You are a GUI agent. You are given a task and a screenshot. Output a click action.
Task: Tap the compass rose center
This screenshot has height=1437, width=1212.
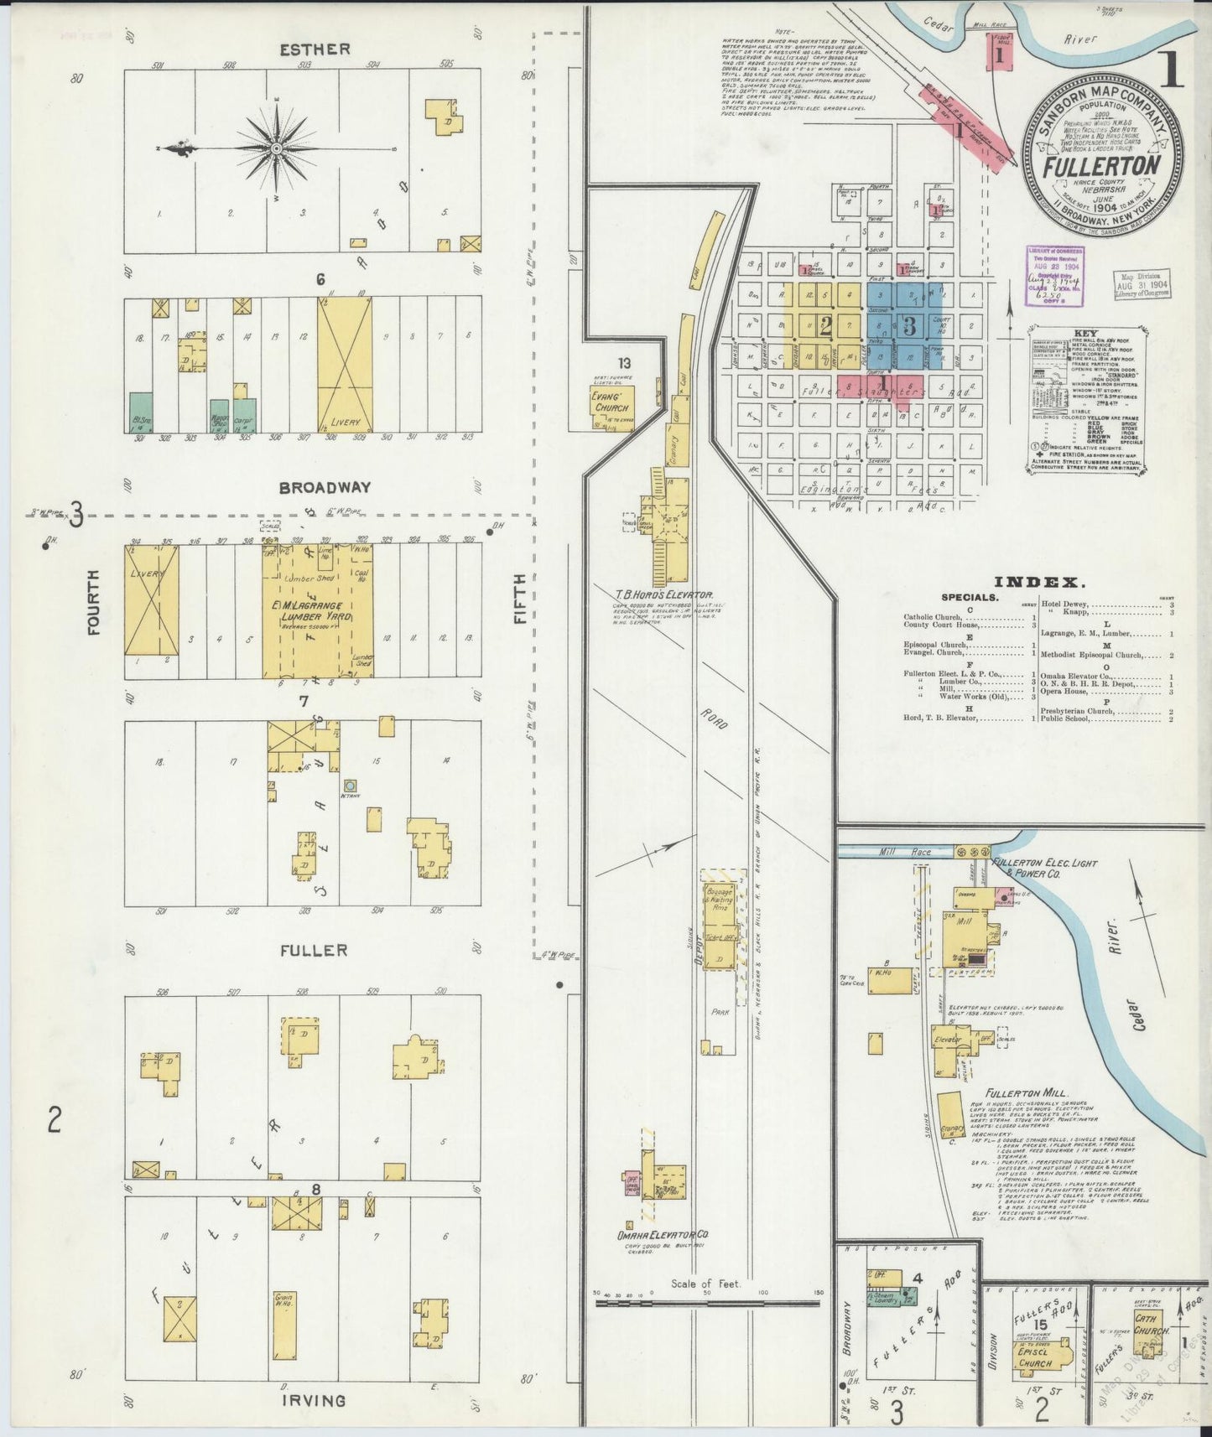pos(276,148)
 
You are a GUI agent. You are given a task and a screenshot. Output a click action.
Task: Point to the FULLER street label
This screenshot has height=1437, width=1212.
pos(313,950)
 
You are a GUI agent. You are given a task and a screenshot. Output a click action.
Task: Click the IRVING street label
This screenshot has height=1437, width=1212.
pos(313,1400)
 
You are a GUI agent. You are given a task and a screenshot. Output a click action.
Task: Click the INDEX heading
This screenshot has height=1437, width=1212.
pos(1038,582)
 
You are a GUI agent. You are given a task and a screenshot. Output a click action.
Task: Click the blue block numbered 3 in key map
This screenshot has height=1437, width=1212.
pos(908,323)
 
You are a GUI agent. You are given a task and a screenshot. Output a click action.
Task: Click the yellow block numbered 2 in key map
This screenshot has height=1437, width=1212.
pos(825,326)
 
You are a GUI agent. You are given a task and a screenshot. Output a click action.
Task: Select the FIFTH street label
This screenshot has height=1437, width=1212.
pos(520,598)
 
